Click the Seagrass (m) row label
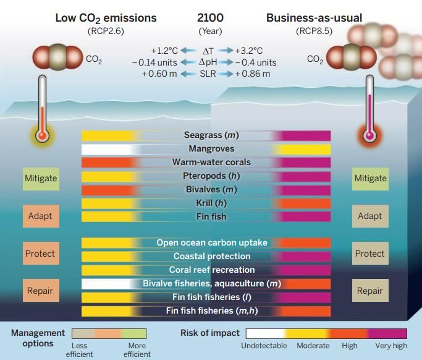(x=211, y=135)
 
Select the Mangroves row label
(x=211, y=149)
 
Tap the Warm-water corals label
(x=211, y=163)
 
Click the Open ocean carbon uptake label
(x=211, y=243)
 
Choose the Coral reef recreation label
(x=211, y=270)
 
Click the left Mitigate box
(x=41, y=179)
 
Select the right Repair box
(x=369, y=291)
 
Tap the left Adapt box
(x=41, y=216)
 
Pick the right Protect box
(x=369, y=254)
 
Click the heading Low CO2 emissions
(x=106, y=18)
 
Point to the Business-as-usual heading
(x=314, y=18)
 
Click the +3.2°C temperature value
(x=250, y=51)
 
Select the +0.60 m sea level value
(x=159, y=74)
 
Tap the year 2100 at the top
(x=210, y=18)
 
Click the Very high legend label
(x=391, y=346)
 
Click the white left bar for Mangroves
(x=106, y=149)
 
